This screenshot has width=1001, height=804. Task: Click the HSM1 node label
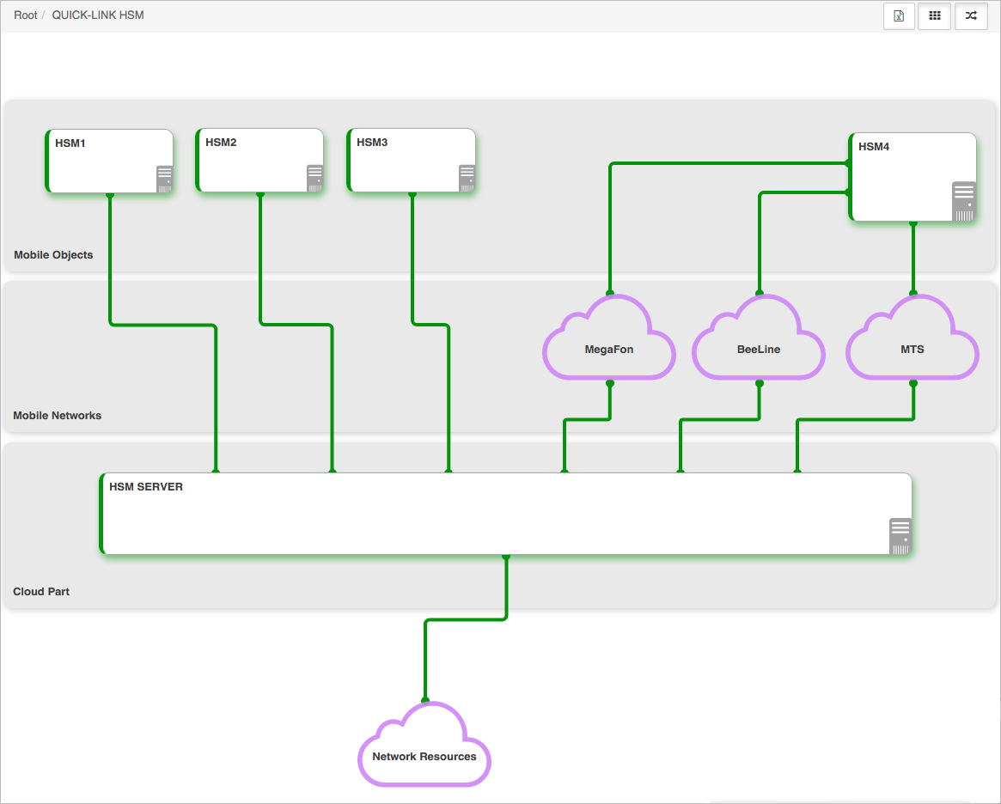(x=70, y=143)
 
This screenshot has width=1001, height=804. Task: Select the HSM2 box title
(x=221, y=143)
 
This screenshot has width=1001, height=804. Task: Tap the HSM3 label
(x=372, y=143)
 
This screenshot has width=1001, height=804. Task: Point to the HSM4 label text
(x=873, y=147)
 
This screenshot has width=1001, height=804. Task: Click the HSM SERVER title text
(x=146, y=487)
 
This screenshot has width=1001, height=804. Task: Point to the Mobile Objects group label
(x=53, y=254)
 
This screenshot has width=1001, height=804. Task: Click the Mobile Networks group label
(x=58, y=416)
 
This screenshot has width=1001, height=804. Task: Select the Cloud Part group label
(x=41, y=592)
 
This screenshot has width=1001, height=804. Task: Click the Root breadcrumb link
(x=26, y=15)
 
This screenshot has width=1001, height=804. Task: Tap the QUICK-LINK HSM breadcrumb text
(x=98, y=15)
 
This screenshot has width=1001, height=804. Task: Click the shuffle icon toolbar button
(x=971, y=16)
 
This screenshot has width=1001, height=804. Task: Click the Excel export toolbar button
(x=899, y=16)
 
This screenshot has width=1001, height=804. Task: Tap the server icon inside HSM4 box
(x=964, y=202)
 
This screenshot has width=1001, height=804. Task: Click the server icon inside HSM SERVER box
(x=900, y=536)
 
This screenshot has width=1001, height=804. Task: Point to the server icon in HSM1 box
(x=165, y=179)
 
